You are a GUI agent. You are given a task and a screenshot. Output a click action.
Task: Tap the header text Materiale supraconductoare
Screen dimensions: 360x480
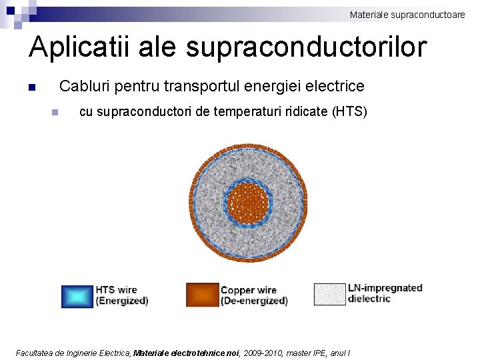(407, 14)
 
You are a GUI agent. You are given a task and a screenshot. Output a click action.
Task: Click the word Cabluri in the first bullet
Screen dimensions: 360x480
(85, 86)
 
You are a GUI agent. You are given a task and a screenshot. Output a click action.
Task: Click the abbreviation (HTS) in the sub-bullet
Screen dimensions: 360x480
(349, 111)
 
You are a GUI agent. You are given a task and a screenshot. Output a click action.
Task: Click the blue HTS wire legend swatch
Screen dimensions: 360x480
(77, 296)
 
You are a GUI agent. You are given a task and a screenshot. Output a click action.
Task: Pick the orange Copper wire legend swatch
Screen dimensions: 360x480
(202, 295)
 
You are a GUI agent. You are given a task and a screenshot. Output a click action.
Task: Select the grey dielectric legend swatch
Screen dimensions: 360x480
(330, 294)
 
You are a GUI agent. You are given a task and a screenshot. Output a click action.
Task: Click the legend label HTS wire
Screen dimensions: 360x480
(117, 290)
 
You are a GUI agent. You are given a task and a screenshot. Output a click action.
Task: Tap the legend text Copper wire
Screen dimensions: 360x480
(249, 290)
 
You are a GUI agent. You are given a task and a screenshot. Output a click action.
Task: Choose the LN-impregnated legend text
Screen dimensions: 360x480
(385, 288)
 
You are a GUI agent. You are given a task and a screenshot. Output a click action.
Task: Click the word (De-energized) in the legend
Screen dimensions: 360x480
(254, 301)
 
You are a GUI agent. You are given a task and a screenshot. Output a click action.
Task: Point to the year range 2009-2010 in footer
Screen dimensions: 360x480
(263, 353)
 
